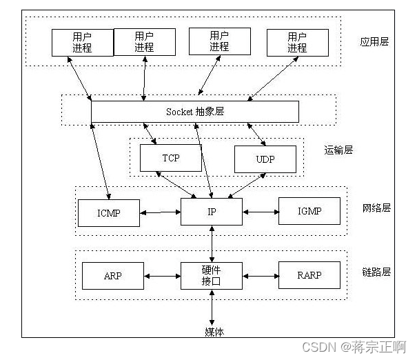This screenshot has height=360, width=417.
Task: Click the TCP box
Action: [x=171, y=158]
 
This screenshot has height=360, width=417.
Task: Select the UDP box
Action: [x=265, y=159]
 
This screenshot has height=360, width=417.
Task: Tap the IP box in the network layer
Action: [x=212, y=211]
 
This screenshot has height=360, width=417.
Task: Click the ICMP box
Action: [x=109, y=212]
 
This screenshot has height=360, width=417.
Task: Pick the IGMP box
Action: [x=309, y=211]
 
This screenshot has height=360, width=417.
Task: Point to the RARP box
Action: [x=309, y=275]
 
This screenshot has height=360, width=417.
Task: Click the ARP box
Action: [x=113, y=275]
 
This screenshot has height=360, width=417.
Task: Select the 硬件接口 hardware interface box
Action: [x=212, y=275]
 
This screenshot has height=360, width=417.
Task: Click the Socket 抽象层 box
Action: [x=195, y=112]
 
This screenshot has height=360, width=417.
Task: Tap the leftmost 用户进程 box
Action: [x=82, y=42]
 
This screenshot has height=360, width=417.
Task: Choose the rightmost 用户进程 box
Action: [x=297, y=41]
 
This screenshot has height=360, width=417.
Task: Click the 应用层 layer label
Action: [x=374, y=41]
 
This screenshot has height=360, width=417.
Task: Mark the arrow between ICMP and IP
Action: [x=160, y=212]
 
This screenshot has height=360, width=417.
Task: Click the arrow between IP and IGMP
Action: [x=260, y=211]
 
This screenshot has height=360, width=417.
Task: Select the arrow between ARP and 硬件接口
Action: [x=162, y=276]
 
